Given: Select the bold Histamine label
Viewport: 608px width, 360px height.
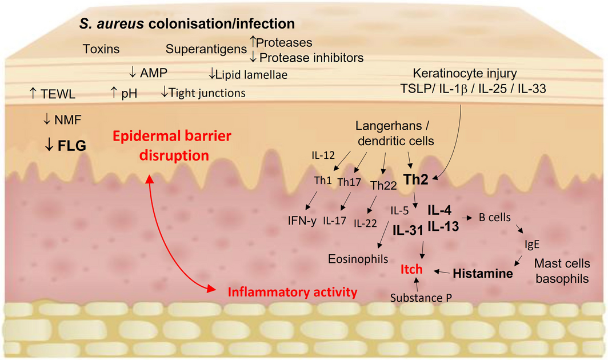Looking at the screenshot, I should tap(483, 273).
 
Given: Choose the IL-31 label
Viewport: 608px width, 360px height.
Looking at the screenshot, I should tap(407, 230).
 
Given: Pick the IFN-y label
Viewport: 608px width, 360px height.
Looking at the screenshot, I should tap(302, 220).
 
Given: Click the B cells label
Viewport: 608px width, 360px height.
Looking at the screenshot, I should tap(495, 218).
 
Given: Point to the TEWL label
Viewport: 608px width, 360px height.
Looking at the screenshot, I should tap(57, 93).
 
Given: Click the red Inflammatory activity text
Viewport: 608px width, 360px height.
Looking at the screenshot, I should tap(293, 292).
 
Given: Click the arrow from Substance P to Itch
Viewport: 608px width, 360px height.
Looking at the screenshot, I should tap(418, 284).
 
